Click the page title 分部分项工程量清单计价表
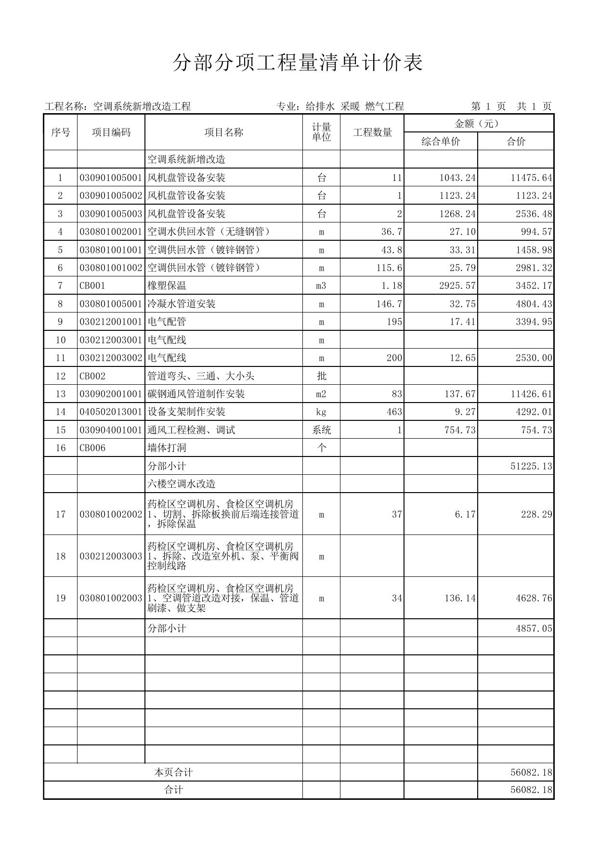[298, 63]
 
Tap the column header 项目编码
[111, 132]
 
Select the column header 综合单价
[441, 142]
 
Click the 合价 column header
[515, 142]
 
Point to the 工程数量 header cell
[372, 132]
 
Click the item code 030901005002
[111, 195]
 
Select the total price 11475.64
[531, 178]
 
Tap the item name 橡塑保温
[167, 286]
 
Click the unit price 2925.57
[457, 286]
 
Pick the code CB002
[92, 376]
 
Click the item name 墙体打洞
[167, 448]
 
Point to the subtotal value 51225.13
[531, 466]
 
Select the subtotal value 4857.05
[534, 628]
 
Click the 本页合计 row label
[173, 772]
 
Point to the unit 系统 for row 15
[322, 430]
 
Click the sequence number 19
[60, 598]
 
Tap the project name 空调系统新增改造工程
[142, 106]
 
